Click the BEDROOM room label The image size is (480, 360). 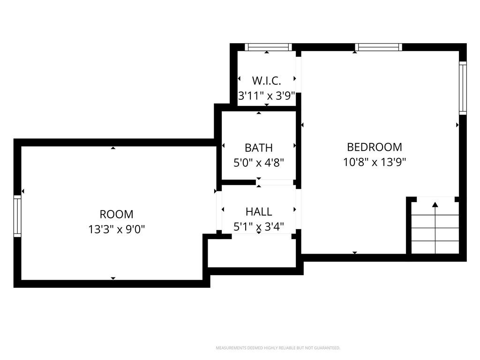pyautogui.click(x=375, y=147)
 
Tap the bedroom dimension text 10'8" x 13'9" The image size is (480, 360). pyautogui.click(x=375, y=162)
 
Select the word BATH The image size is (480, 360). pyautogui.click(x=259, y=148)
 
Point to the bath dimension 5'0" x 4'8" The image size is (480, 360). pyautogui.click(x=259, y=163)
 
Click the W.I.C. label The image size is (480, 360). pyautogui.click(x=266, y=81)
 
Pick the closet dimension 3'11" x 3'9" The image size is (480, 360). pyautogui.click(x=266, y=96)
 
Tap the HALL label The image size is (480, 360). pyautogui.click(x=259, y=211)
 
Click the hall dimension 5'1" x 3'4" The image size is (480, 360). pyautogui.click(x=259, y=226)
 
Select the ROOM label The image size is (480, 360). pyautogui.click(x=117, y=214)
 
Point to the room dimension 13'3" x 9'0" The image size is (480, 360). pyautogui.click(x=117, y=229)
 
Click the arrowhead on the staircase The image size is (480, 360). pyautogui.click(x=435, y=204)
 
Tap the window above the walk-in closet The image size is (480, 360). pyautogui.click(x=268, y=47)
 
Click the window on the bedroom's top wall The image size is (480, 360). pyautogui.click(x=378, y=47)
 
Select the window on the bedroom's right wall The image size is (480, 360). pyautogui.click(x=463, y=88)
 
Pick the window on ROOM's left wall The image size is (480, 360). pyautogui.click(x=17, y=216)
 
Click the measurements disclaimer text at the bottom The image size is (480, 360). pyautogui.click(x=278, y=348)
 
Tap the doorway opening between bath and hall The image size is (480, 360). pyautogui.click(x=275, y=182)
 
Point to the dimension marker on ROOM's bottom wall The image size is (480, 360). pyautogui.click(x=113, y=278)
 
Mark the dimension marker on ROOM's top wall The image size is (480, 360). pyautogui.click(x=113, y=148)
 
